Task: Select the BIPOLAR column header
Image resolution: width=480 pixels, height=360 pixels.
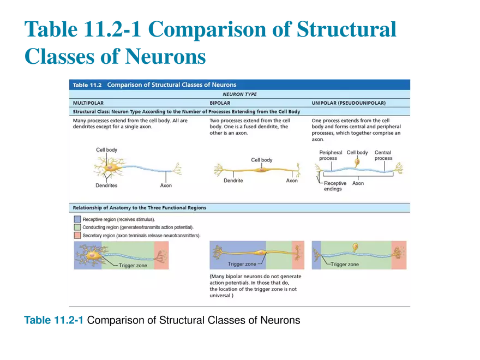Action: click(x=220, y=103)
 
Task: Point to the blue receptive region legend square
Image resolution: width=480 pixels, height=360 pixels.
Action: click(x=77, y=219)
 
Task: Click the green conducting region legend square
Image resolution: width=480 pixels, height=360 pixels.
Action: click(x=77, y=227)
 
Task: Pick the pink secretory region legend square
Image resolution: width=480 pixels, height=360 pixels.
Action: click(x=77, y=236)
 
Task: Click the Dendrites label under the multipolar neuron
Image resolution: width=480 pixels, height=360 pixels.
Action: click(x=106, y=185)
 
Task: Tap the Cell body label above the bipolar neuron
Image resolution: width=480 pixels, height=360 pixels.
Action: click(x=261, y=160)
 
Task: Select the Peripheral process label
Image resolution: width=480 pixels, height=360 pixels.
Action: click(x=331, y=155)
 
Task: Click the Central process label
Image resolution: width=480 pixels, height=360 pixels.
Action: click(x=383, y=155)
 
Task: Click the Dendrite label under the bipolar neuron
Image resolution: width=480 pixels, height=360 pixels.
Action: click(x=233, y=181)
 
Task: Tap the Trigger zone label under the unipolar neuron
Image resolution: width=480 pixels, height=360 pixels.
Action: click(x=345, y=264)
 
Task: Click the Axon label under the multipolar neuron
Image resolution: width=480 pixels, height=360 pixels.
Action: click(x=166, y=185)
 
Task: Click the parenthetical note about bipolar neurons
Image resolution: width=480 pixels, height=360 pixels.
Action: click(x=255, y=286)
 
